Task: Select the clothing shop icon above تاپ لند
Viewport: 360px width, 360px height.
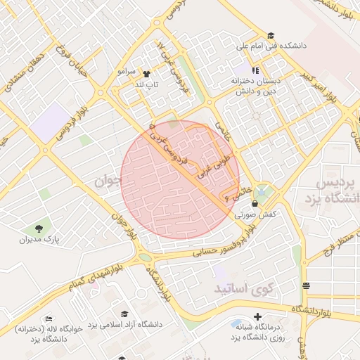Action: click(x=146, y=73)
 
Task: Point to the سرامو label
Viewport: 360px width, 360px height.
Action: click(x=126, y=72)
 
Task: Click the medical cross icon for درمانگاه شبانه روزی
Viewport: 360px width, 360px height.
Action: click(x=258, y=317)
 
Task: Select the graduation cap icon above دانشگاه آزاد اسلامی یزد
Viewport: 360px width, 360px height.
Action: click(x=124, y=314)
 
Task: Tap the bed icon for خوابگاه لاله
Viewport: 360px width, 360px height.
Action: click(x=48, y=319)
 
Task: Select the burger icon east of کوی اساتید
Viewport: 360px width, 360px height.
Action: click(x=306, y=285)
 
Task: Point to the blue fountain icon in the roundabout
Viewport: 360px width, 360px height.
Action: click(x=262, y=190)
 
